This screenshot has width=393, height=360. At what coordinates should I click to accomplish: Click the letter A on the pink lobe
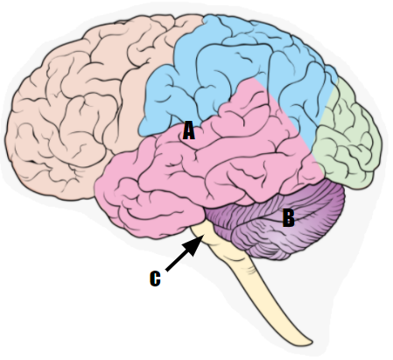[189, 131]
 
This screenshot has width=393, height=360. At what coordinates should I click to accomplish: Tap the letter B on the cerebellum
[289, 218]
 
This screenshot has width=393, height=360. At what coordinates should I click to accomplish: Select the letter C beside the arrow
[155, 279]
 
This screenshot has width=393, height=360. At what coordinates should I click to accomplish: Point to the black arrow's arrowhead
[194, 245]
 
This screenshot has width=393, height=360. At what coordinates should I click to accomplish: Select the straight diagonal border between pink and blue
[283, 114]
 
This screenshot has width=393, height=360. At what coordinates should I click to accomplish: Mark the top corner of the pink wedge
[253, 78]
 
